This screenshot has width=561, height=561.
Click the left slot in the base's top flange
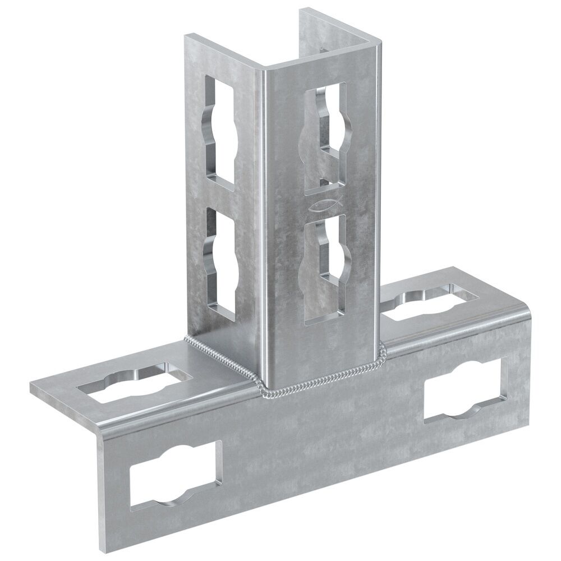tap(132, 385)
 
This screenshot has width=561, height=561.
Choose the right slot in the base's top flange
tap(430, 304)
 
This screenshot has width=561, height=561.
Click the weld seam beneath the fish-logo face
tap(320, 388)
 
